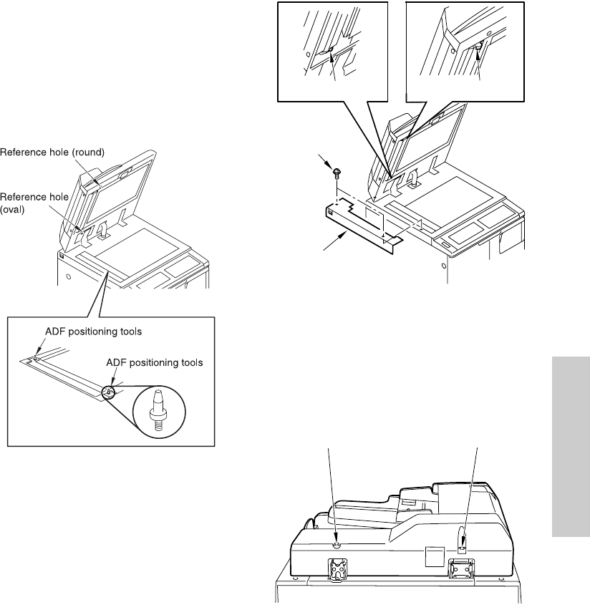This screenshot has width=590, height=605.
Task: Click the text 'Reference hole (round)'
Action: pyautogui.click(x=52, y=151)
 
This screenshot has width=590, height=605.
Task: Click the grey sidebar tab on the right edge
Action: pyautogui.click(x=571, y=445)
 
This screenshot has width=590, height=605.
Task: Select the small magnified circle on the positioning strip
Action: pyautogui.click(x=108, y=391)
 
